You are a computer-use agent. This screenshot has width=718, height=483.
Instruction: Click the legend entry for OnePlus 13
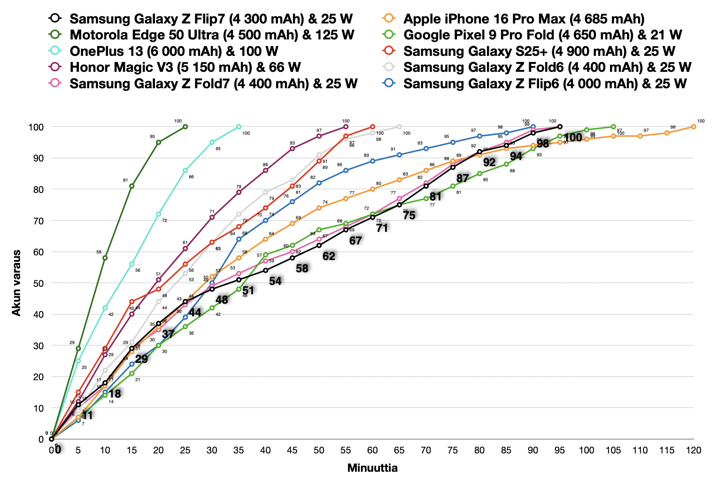(174, 51)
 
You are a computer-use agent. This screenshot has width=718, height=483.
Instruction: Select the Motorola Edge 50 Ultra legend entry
(211, 35)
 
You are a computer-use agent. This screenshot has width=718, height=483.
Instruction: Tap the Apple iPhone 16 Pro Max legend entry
(524, 19)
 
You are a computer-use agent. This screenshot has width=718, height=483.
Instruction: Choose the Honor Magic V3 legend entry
(185, 67)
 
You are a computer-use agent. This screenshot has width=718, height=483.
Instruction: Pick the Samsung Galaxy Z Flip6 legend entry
(545, 84)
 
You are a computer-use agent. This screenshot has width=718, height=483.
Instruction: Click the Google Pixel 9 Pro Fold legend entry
(542, 35)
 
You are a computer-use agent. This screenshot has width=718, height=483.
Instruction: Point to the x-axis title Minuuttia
(372, 468)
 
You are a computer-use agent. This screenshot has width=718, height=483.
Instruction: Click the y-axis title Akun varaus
(16, 283)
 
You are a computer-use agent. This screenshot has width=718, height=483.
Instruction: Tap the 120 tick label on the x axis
(693, 451)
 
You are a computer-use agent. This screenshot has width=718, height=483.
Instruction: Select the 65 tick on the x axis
(399, 451)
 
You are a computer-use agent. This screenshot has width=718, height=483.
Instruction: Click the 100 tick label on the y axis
(36, 127)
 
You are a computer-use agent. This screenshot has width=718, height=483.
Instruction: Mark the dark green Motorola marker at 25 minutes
(185, 127)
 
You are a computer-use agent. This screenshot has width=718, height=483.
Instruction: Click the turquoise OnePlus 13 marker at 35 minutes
(239, 127)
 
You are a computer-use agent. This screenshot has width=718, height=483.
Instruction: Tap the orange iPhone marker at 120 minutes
(694, 127)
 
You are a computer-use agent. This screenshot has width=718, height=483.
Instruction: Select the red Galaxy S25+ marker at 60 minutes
(372, 127)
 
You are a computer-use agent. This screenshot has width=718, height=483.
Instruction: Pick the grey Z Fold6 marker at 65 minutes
(399, 127)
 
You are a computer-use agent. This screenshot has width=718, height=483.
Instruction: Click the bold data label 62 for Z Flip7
(329, 256)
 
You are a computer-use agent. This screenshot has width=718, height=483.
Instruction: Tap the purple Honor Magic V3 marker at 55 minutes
(346, 127)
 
